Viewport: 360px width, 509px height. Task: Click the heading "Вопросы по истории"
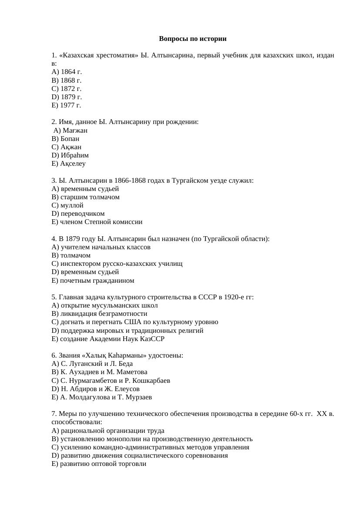[192, 39]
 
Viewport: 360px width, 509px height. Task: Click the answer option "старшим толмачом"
[85, 197]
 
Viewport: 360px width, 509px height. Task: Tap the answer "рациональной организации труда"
[108, 431]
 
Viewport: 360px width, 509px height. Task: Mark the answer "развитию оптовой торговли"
[99, 464]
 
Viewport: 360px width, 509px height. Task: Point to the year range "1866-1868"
[129, 181]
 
